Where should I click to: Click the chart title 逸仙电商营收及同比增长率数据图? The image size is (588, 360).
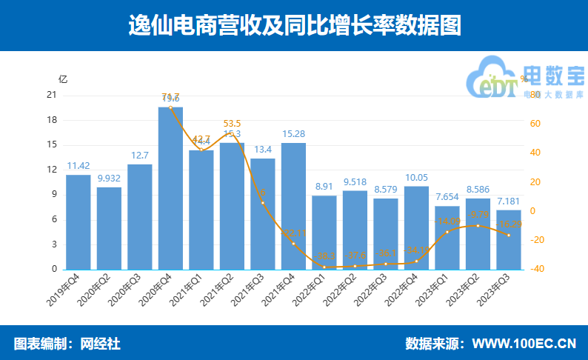coord(294,25)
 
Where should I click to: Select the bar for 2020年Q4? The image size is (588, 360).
coord(170,189)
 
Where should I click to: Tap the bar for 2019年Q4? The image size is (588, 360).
coord(78,222)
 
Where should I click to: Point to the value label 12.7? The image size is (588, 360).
coord(140,156)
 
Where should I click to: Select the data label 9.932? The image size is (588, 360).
coord(109,179)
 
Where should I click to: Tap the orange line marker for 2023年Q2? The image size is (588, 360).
coord(478,226)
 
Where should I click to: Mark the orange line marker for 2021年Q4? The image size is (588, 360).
coord(293,244)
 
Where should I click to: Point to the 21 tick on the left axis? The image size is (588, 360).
coord(51,95)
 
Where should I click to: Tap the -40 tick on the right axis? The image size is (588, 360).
coord(538,269)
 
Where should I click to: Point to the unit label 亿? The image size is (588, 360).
coord(63,79)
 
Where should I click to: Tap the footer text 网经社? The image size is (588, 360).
coord(100,344)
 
